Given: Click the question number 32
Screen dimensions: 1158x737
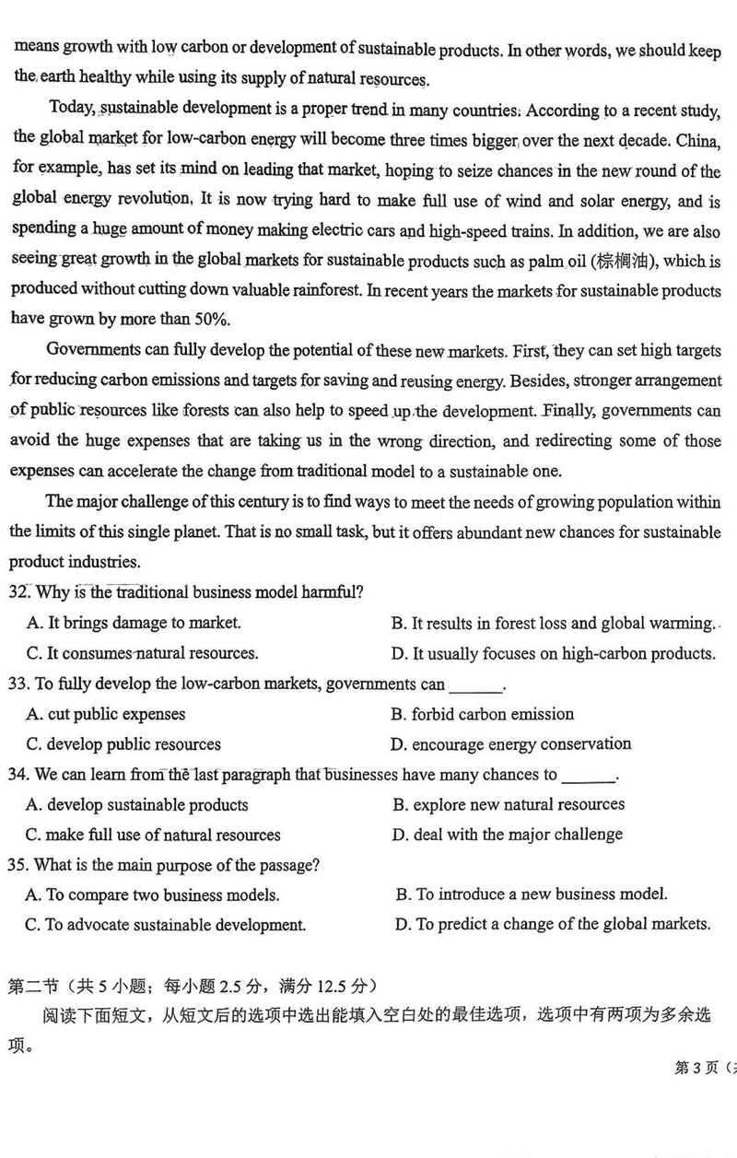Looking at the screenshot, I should click(x=18, y=591).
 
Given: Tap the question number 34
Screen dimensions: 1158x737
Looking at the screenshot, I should click(x=18, y=775).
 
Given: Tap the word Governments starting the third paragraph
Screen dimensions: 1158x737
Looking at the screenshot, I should click(x=92, y=350).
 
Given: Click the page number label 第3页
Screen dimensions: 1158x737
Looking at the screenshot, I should click(x=696, y=1068).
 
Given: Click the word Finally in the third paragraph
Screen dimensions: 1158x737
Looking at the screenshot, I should click(x=570, y=411).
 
